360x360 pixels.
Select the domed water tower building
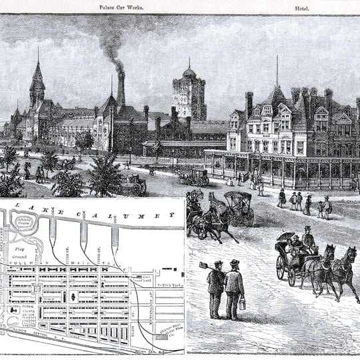(189, 93)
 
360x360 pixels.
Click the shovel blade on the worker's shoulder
(203, 265)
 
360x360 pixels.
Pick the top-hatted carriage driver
(307, 238)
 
